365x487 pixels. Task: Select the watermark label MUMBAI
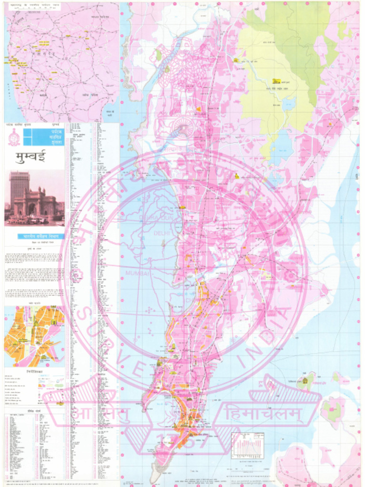137,273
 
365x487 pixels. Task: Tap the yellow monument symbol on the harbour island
304,380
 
